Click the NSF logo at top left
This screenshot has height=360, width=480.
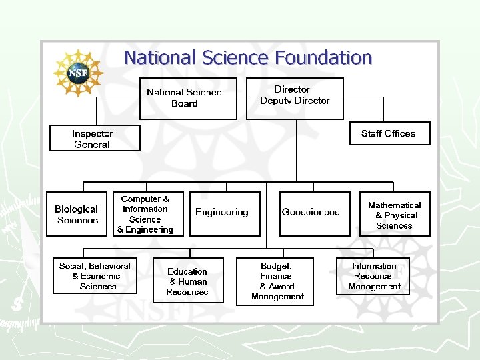78,72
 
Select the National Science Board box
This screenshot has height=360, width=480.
188,99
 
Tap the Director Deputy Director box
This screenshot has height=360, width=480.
295,98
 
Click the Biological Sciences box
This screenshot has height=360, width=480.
76,214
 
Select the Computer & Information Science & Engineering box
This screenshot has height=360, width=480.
145,214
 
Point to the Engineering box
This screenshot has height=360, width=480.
221,213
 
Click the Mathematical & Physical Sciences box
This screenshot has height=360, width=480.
395,215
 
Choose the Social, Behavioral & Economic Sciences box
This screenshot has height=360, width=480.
95,276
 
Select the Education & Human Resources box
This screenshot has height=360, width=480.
187,281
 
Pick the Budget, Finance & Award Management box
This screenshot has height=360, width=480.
277,281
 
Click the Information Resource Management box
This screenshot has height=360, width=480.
375,276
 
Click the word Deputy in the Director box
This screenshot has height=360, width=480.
277,101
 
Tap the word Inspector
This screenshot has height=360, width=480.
93,133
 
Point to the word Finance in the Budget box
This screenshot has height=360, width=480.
276,276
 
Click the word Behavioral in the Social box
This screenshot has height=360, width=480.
110,266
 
